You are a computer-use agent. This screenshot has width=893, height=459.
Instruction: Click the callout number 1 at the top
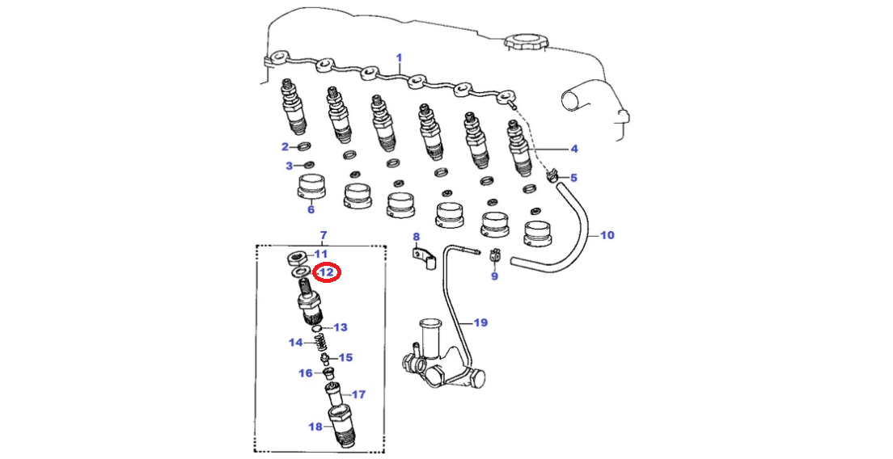pyautogui.click(x=399, y=58)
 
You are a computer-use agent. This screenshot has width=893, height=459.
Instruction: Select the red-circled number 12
pyautogui.click(x=328, y=273)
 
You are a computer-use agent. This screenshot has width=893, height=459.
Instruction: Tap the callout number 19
pyautogui.click(x=480, y=323)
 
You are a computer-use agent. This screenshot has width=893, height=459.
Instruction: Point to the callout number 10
pyautogui.click(x=607, y=236)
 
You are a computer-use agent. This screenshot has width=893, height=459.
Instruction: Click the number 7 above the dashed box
pyautogui.click(x=324, y=236)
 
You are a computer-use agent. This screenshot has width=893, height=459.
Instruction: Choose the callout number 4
pyautogui.click(x=573, y=149)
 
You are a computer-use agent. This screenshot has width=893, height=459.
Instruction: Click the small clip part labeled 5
pyautogui.click(x=554, y=175)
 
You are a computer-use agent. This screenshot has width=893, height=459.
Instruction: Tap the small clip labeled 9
pyautogui.click(x=496, y=258)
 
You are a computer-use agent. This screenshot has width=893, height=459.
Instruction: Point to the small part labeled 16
pyautogui.click(x=328, y=373)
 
